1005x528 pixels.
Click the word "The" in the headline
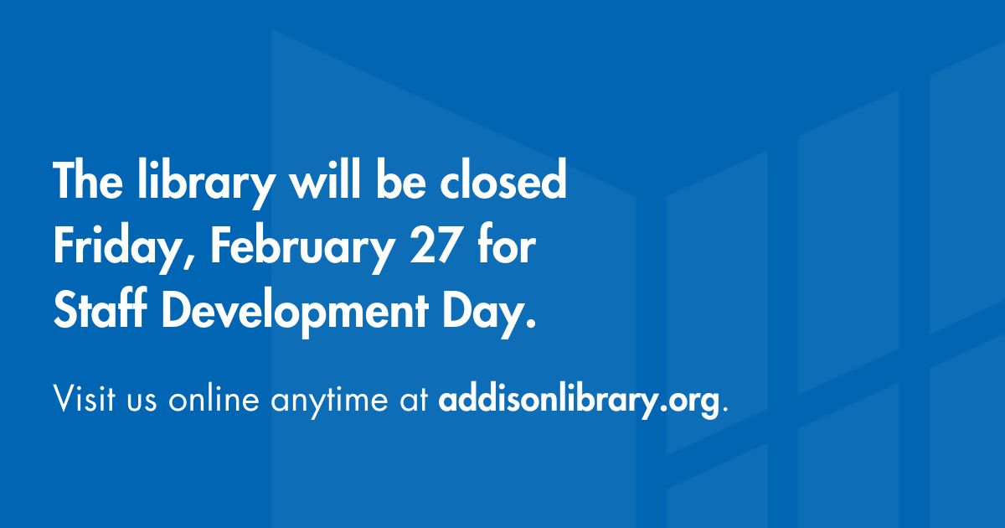pos(81,182)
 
